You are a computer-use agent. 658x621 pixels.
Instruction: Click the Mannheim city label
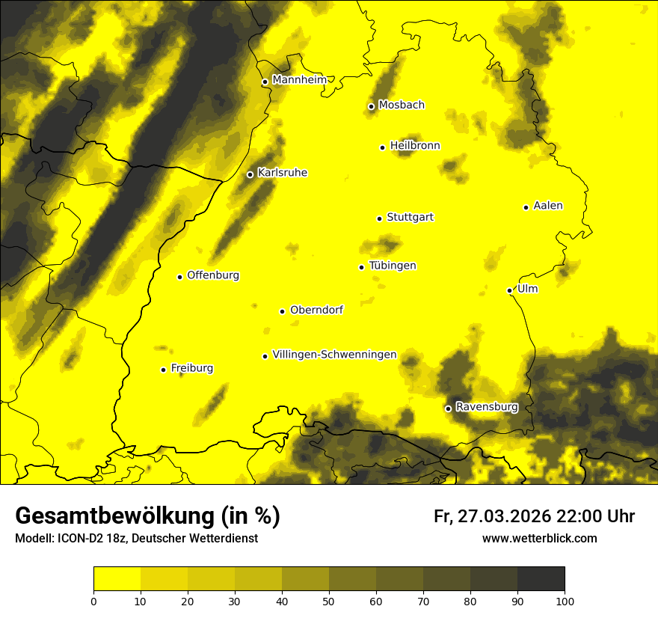(299, 80)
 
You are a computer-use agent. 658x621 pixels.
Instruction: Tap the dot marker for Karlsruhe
(250, 174)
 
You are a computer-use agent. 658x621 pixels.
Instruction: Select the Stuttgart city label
(410, 218)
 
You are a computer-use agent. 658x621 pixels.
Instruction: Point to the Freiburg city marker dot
(163, 370)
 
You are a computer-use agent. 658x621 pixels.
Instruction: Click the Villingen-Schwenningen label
(334, 355)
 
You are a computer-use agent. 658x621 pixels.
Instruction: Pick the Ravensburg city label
(486, 407)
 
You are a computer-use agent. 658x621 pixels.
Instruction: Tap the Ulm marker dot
(509, 290)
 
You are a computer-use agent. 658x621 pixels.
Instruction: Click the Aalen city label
(548, 206)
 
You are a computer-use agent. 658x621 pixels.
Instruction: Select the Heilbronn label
(415, 146)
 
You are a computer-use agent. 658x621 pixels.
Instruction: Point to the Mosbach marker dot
(371, 106)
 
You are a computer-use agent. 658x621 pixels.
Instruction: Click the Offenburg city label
(213, 275)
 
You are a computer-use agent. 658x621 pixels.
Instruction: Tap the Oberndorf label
(316, 310)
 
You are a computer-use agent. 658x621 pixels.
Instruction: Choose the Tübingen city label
(393, 266)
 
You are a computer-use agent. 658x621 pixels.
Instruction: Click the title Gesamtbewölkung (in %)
(147, 516)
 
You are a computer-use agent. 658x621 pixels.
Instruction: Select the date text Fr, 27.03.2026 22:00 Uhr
(534, 516)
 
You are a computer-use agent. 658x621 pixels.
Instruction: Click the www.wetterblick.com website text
(539, 538)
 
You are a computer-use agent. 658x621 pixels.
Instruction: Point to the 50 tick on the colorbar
(329, 601)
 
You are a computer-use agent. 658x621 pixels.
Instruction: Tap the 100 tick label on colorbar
(565, 601)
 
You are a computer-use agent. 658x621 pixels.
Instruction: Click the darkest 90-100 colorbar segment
(541, 579)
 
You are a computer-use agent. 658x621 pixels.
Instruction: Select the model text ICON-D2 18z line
(136, 538)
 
